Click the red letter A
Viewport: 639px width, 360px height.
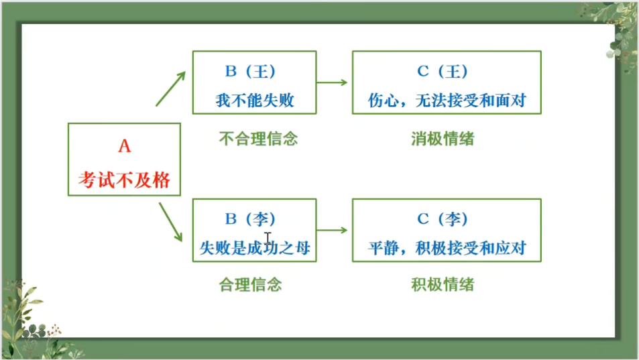click(124, 146)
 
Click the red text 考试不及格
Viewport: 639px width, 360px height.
click(124, 180)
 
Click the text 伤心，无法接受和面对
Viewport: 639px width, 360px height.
click(447, 101)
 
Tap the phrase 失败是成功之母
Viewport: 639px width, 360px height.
click(255, 249)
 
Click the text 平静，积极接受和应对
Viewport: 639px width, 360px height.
click(447, 249)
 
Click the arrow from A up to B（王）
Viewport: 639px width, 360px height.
click(170, 88)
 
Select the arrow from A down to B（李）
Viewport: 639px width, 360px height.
click(170, 223)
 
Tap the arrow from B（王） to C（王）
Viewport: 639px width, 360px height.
click(332, 82)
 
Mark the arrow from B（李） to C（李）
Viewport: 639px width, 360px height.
click(332, 230)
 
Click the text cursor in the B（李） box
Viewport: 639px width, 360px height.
click(268, 237)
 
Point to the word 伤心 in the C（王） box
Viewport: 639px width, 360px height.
click(384, 101)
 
